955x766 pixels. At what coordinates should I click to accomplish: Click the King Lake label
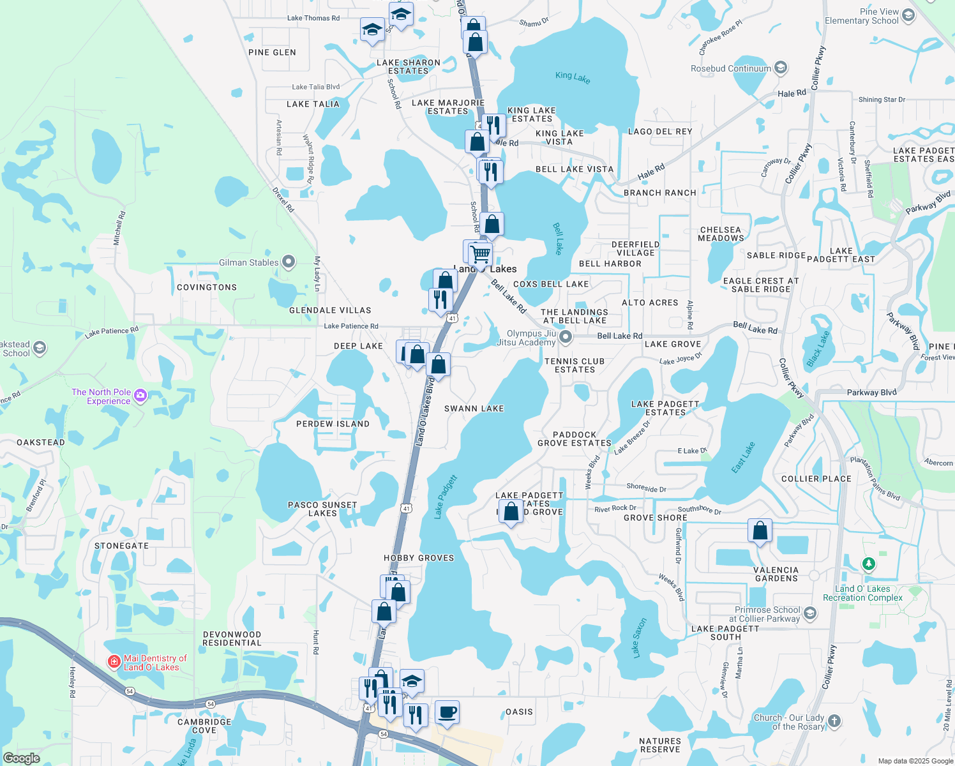coord(573,77)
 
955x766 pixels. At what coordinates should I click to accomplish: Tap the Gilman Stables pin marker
coord(289,262)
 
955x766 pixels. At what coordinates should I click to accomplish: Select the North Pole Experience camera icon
coord(141,396)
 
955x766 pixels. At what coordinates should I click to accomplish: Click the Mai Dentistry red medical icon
coord(114,661)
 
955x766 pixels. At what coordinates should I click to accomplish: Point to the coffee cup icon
coord(447,712)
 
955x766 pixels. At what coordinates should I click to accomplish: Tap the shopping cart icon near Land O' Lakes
coord(481,254)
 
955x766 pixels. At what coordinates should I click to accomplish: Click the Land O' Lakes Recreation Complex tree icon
coord(868,564)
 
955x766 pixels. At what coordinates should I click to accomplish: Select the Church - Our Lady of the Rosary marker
coord(834,721)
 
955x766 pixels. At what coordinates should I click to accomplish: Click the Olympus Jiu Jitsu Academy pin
coord(565,336)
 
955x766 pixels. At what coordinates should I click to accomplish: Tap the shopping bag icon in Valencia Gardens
coord(760,530)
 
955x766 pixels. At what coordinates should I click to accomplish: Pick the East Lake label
coord(743,458)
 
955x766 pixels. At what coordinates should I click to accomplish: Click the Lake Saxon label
coord(639,638)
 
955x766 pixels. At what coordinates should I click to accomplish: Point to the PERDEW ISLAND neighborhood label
coord(333,424)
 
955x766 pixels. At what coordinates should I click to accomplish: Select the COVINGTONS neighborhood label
coord(207,287)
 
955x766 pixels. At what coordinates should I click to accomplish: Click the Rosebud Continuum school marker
coord(780,68)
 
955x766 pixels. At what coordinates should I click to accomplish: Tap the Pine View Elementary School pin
coord(909,15)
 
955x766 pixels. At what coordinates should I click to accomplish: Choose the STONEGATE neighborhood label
coord(121,546)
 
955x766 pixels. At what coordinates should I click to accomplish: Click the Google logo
coord(21,758)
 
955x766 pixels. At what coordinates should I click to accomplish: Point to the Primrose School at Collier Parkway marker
coord(810,613)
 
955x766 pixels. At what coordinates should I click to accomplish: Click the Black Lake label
coord(818,349)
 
